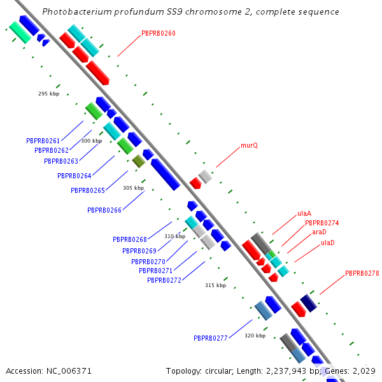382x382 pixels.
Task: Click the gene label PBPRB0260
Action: tap(158, 33)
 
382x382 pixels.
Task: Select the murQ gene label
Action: tap(249, 146)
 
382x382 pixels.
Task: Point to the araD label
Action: tap(319, 232)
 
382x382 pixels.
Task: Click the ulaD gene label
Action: tap(328, 243)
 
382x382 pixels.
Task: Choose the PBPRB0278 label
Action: tap(362, 273)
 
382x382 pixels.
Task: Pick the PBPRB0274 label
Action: tap(322, 223)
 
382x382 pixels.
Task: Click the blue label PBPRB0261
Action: tap(43, 141)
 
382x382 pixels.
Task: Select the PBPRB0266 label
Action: tap(104, 210)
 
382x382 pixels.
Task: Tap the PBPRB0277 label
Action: tap(211, 338)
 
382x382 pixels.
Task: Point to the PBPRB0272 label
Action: tap(164, 280)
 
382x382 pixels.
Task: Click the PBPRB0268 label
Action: tap(130, 239)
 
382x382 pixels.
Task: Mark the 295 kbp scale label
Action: tap(48, 94)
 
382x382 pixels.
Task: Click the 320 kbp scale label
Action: tap(255, 336)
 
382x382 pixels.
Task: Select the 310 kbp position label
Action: tap(174, 236)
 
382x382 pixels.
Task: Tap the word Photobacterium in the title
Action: tap(76, 12)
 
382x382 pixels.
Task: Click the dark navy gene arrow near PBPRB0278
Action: tap(309, 302)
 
